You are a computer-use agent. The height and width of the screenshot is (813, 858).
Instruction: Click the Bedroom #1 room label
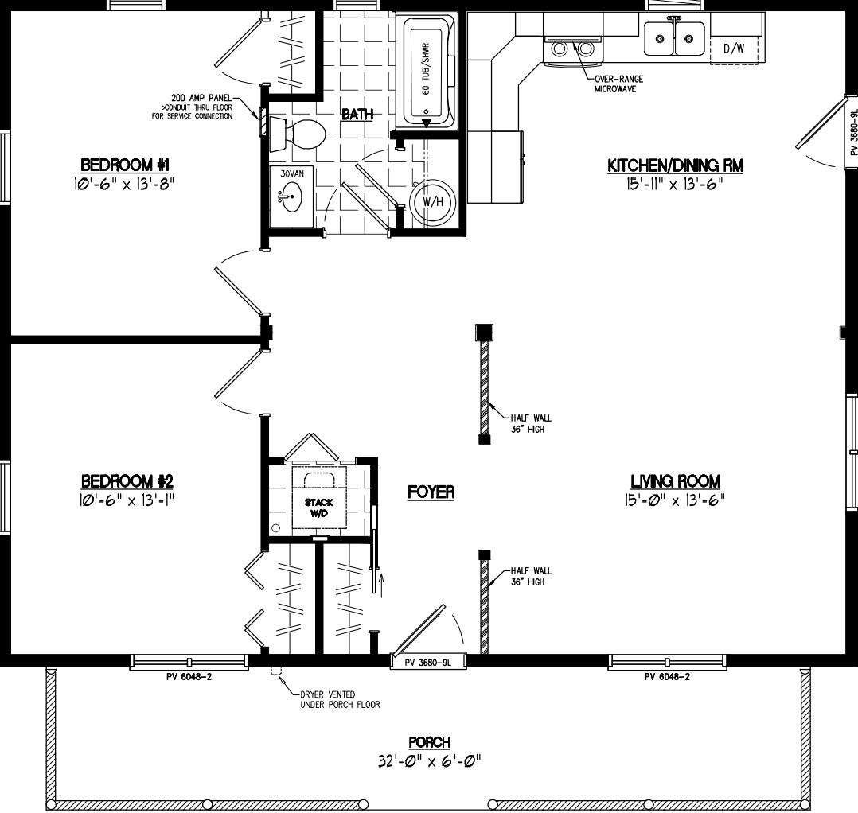click(127, 165)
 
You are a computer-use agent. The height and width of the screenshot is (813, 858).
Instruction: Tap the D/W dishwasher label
click(733, 49)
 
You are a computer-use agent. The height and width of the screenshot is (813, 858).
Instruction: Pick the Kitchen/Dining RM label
click(675, 165)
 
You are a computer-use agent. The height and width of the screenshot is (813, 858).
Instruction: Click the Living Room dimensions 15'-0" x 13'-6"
click(675, 500)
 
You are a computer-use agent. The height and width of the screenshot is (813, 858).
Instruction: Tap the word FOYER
click(431, 493)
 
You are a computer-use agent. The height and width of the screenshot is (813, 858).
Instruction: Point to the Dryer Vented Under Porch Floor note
click(339, 700)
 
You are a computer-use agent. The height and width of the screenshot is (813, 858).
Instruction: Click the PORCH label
click(431, 742)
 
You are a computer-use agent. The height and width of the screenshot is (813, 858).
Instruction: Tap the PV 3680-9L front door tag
click(427, 662)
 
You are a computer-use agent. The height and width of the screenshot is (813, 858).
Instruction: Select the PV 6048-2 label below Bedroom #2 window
click(189, 677)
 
